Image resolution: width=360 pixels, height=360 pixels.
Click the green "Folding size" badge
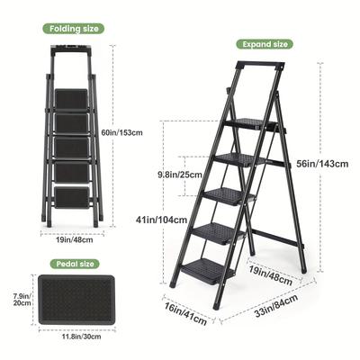tap(74, 29)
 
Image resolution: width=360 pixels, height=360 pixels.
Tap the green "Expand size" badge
tap(265, 44)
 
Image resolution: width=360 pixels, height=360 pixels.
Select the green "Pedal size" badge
tap(75, 264)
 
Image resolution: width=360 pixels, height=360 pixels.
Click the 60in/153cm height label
tap(121, 132)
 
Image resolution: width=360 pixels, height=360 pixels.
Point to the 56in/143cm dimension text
tap(322, 164)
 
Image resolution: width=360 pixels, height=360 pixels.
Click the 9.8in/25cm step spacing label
tap(180, 175)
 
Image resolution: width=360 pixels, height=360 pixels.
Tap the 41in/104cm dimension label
tap(161, 220)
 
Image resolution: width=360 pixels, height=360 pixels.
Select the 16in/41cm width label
tap(185, 314)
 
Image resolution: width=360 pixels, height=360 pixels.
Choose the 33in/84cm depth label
tap(276, 306)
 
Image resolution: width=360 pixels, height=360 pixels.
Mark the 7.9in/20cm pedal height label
tap(22, 300)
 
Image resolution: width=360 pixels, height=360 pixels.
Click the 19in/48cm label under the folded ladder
tap(75, 239)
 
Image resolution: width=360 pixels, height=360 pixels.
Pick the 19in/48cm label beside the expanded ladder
tap(271, 274)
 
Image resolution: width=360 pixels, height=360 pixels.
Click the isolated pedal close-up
tap(76, 300)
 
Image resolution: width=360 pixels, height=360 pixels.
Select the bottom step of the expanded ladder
tap(208, 270)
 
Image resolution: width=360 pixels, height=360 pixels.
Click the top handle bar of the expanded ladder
tap(261, 66)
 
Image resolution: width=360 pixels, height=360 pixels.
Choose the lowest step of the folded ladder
tap(72, 198)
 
